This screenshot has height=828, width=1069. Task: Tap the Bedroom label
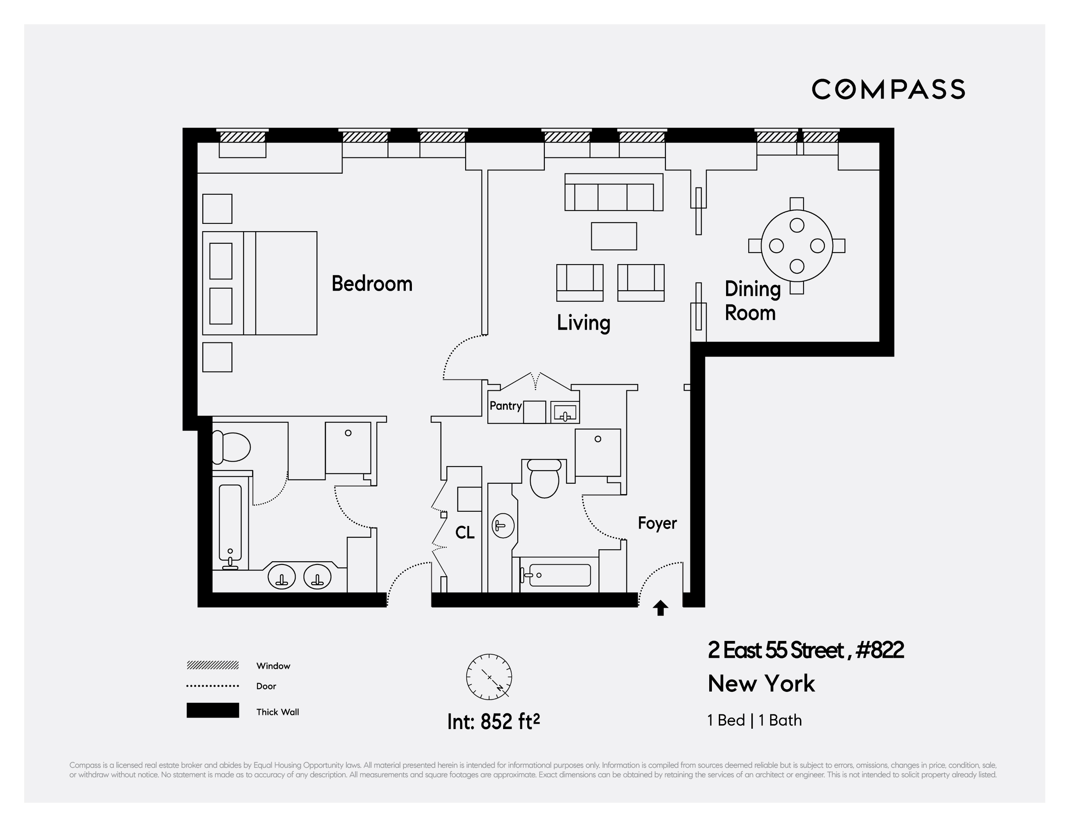point(372,284)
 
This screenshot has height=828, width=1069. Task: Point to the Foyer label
point(657,523)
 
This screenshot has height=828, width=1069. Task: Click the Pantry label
point(505,406)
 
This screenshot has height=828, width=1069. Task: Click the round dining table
point(796,245)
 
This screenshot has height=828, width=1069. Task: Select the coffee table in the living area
point(613,236)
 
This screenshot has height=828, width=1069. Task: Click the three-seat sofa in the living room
point(613,192)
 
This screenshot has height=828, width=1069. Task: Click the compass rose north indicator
point(489,677)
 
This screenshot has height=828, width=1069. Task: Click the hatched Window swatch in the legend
point(212,665)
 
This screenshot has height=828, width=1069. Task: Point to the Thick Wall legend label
point(277,712)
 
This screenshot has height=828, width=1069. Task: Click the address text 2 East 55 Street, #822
point(805,650)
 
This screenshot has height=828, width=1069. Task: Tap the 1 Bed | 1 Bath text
point(754,720)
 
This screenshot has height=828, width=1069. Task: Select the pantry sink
point(565,413)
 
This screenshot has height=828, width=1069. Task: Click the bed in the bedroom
point(259,283)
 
